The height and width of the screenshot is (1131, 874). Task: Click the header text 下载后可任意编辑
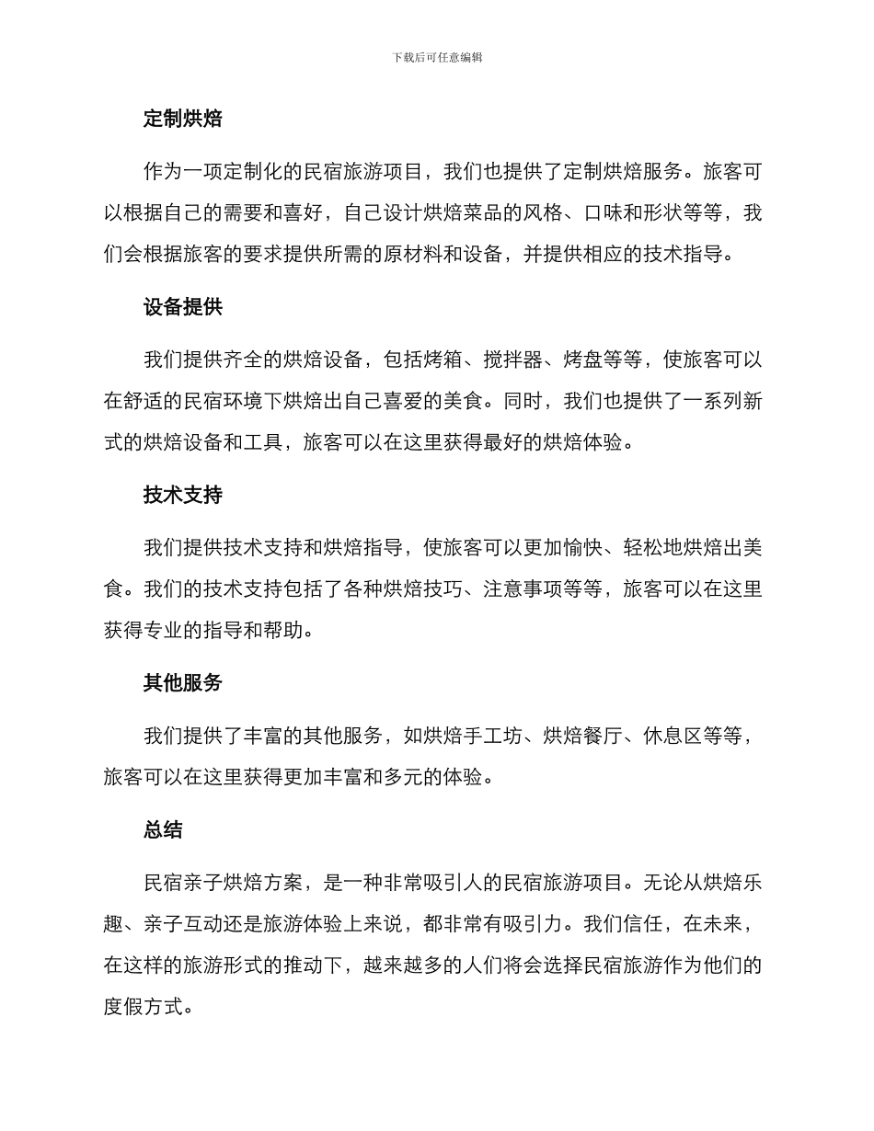(437, 57)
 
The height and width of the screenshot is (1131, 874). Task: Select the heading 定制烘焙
(182, 119)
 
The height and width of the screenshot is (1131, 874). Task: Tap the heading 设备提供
(182, 307)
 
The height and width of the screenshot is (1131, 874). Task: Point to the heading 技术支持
(182, 496)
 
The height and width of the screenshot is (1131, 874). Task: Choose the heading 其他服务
(182, 683)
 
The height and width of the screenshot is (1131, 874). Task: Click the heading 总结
(163, 830)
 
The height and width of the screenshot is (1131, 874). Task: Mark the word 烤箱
(444, 360)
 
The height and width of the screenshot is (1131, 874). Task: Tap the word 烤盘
(584, 360)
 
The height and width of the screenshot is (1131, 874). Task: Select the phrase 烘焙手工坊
(474, 736)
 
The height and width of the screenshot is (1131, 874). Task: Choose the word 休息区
(674, 736)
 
